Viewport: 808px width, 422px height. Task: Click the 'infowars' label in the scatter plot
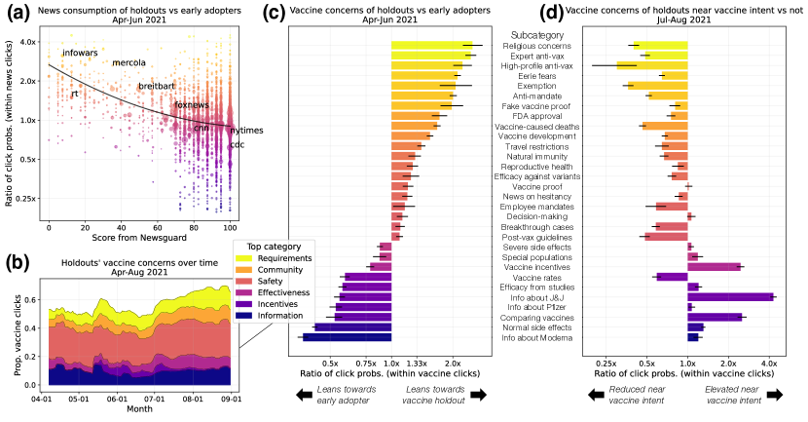81,53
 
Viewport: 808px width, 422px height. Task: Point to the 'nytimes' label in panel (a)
246,131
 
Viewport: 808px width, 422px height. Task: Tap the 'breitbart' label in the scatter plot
158,87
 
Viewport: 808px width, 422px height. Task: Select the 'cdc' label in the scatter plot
237,146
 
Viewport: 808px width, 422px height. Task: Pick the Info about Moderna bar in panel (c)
347,337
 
